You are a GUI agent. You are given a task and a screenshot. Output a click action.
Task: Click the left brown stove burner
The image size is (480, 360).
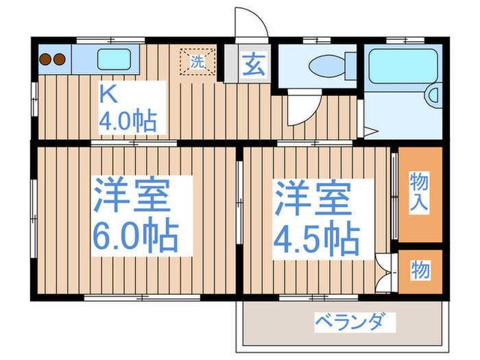coord(46,58)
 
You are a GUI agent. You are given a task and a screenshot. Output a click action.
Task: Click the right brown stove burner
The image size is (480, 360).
coord(60,58)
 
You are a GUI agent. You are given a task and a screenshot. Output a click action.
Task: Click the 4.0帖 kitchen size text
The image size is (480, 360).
coord(128,121)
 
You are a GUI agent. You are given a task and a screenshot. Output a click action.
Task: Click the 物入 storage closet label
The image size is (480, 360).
coord(420,192)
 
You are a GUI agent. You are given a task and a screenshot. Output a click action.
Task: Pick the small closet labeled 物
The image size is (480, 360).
coord(420,270)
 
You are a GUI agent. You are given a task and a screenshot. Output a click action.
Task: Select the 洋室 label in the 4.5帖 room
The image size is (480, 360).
coord(313,197)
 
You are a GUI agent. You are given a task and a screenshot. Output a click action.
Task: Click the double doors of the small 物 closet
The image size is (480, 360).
coord(386,273)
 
